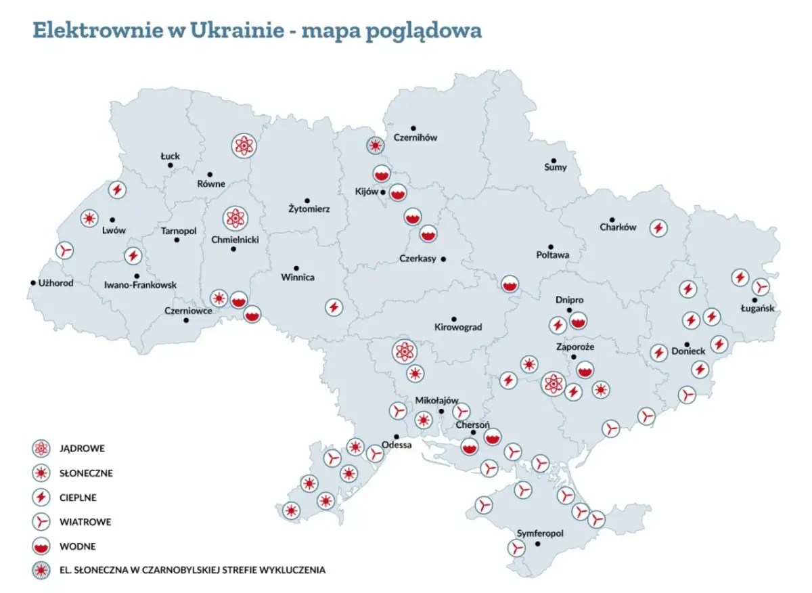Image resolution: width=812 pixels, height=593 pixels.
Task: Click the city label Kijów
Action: (x=366, y=192)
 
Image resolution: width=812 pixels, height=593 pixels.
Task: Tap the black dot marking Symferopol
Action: (x=538, y=544)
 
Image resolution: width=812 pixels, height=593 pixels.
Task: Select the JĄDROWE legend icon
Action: (x=42, y=448)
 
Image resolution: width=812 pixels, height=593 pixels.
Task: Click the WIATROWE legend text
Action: (x=85, y=522)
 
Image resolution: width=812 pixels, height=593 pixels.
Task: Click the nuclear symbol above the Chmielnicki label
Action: (x=235, y=218)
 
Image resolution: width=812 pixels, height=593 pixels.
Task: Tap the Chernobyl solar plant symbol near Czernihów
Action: (x=376, y=145)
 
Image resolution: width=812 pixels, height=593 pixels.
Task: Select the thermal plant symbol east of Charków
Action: (x=657, y=228)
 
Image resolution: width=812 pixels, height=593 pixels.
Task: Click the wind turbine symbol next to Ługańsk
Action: (x=762, y=287)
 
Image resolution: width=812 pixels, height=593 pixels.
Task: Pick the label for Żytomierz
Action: (x=308, y=210)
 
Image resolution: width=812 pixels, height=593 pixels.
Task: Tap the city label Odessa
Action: (x=397, y=445)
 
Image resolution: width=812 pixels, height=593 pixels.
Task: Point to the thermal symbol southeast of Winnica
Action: (x=333, y=307)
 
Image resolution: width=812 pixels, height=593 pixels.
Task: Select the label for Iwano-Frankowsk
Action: (x=141, y=285)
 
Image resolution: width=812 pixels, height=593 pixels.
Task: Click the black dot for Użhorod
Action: (x=32, y=283)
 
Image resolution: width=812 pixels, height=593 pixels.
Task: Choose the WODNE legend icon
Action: (x=42, y=546)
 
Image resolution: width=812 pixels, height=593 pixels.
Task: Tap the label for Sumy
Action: (x=556, y=167)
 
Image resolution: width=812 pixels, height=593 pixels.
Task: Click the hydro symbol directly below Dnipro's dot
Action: (x=577, y=320)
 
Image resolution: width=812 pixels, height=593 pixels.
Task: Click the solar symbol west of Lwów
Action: (x=89, y=218)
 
